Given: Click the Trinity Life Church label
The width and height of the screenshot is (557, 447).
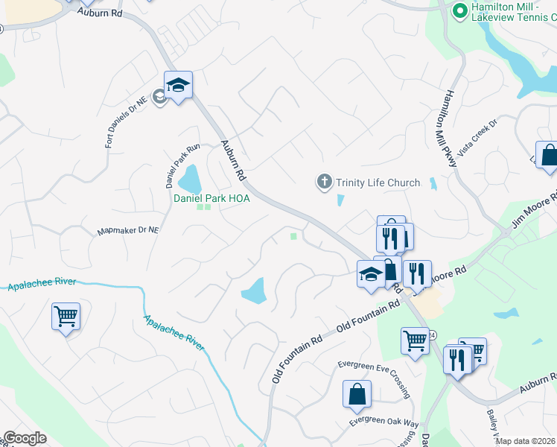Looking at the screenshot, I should pos(378,183).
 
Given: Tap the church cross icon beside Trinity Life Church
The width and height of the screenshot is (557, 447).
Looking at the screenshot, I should pos(324,182).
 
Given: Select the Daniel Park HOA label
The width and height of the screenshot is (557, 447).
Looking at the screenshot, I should pos(211,198).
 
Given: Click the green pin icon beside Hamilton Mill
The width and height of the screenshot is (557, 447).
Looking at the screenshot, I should pos(460,10).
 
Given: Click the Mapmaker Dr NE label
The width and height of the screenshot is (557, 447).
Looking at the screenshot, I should pos(128,231).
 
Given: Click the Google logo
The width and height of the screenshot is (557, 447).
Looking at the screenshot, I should pos(25,438).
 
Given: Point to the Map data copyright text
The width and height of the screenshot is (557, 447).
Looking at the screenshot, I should pos(526,441).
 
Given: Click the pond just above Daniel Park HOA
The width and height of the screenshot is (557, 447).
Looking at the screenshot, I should pos(189,179).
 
